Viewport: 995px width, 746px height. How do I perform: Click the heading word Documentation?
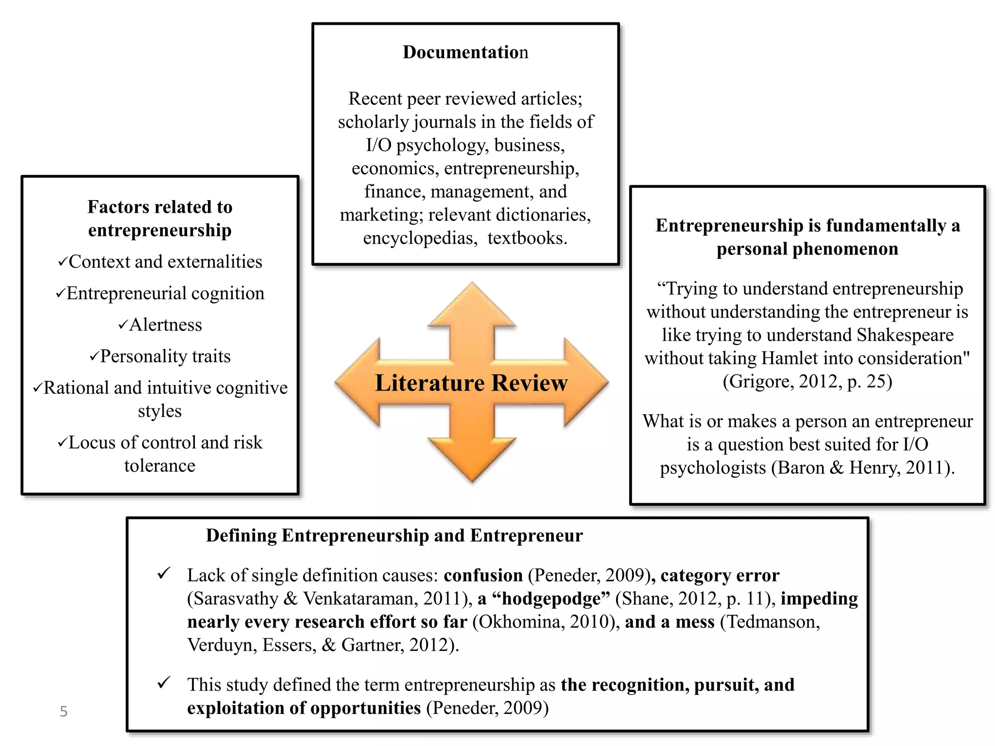click(465, 52)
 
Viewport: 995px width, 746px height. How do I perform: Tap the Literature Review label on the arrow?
click(471, 383)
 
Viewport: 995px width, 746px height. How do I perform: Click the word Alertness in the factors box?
click(165, 325)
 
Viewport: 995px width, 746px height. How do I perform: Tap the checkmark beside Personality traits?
click(94, 356)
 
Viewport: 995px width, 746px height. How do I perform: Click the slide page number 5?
click(63, 712)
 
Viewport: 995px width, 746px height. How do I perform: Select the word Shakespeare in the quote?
click(905, 335)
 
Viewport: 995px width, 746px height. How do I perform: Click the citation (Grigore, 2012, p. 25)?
click(807, 382)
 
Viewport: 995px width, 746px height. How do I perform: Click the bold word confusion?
click(483, 576)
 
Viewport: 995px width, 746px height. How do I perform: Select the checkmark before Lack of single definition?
click(164, 574)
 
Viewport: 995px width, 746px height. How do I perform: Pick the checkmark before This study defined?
click(164, 683)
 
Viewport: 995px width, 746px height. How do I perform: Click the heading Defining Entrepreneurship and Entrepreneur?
click(394, 535)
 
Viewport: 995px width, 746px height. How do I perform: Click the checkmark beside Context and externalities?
click(62, 262)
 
